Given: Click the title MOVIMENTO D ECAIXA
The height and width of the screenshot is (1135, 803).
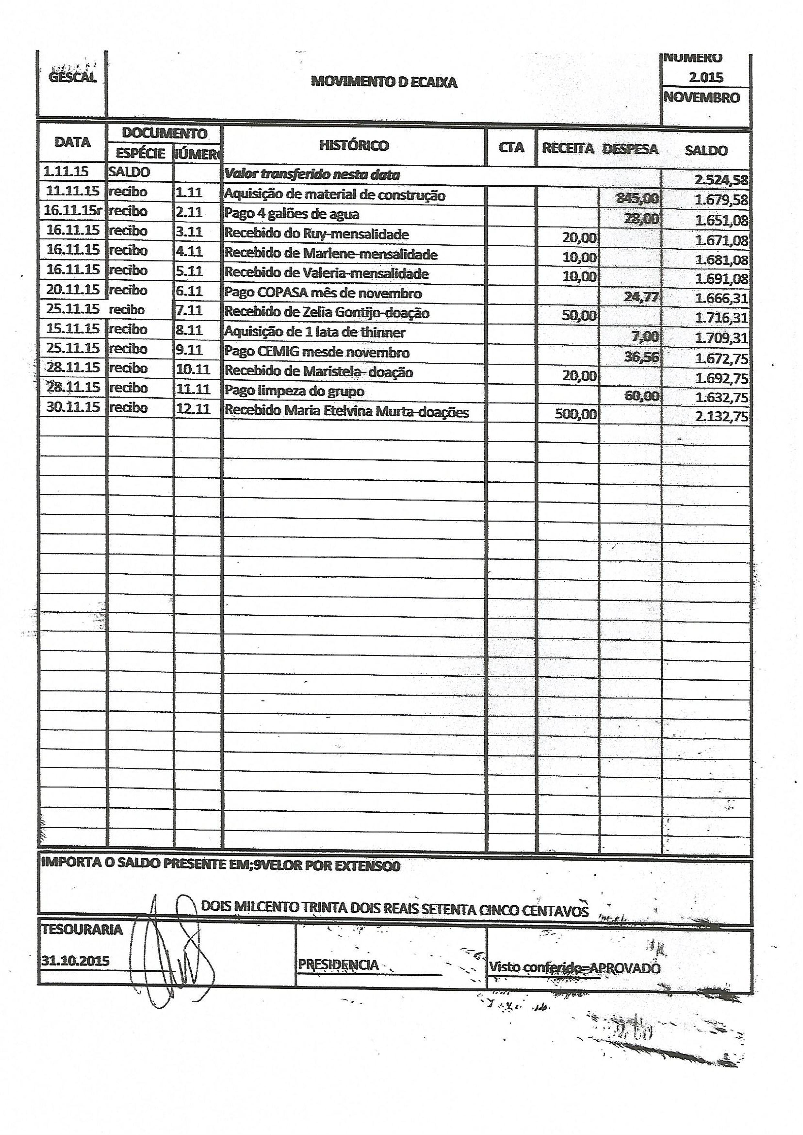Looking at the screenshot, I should (x=384, y=82).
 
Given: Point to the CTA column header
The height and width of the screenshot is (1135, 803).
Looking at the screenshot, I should (x=511, y=148).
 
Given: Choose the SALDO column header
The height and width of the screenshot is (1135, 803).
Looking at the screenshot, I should (x=706, y=150).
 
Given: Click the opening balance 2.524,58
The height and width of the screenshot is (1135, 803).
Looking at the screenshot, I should (x=721, y=180).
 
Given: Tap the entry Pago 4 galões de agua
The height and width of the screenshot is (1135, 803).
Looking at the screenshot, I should (x=291, y=214).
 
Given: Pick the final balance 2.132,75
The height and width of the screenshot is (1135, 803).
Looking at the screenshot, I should (x=721, y=416).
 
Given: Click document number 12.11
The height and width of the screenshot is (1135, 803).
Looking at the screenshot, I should (x=193, y=409).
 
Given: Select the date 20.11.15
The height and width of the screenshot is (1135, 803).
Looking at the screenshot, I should (x=73, y=289).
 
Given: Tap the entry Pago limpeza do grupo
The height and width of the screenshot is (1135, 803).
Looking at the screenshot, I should (x=294, y=391).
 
